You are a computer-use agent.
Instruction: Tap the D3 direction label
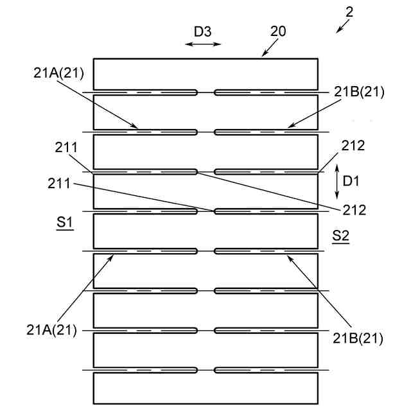pyautogui.click(x=202, y=31)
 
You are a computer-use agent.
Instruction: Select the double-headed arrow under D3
pyautogui.click(x=203, y=44)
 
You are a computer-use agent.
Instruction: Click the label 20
pyautogui.click(x=279, y=31)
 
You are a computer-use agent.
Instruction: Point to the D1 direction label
pyautogui.click(x=351, y=182)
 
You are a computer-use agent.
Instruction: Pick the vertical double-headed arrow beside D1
pyautogui.click(x=338, y=181)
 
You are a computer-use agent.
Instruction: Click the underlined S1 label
pyautogui.click(x=64, y=223)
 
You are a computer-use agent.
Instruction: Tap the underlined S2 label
pyautogui.click(x=340, y=236)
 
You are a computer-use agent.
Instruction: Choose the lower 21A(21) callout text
pyautogui.click(x=52, y=330)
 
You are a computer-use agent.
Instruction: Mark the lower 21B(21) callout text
pyautogui.click(x=358, y=338)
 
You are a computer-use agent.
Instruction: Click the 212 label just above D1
pyautogui.click(x=354, y=145)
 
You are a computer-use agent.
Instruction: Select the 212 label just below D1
pyautogui.click(x=354, y=209)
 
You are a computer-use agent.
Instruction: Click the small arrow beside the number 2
pyautogui.click(x=344, y=25)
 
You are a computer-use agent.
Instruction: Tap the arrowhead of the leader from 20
pyautogui.click(x=263, y=56)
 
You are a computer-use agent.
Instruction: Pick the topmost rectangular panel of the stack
pyautogui.click(x=205, y=74)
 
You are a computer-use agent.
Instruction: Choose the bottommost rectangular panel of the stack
pyautogui.click(x=205, y=388)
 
